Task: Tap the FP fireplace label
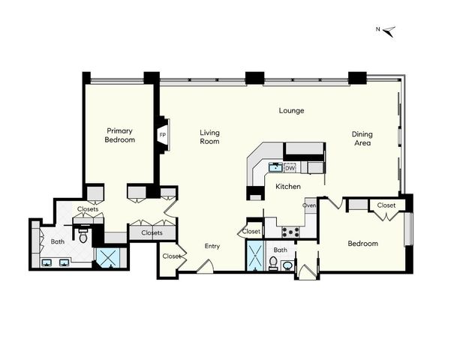tap(163, 136)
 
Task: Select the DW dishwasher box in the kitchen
tap(290, 167)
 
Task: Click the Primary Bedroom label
tap(120, 135)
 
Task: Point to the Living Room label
tap(209, 136)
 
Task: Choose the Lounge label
tap(291, 111)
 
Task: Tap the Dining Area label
tap(362, 139)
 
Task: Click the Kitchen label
tap(288, 186)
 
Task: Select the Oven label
tap(309, 205)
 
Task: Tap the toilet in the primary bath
tap(83, 237)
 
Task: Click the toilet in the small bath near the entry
tap(274, 262)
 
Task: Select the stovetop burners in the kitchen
tap(290, 232)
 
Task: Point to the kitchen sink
tap(275, 166)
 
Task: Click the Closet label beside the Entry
tap(172, 256)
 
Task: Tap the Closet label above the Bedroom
tap(386, 205)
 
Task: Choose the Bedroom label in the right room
tap(363, 244)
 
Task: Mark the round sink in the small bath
tap(287, 264)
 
